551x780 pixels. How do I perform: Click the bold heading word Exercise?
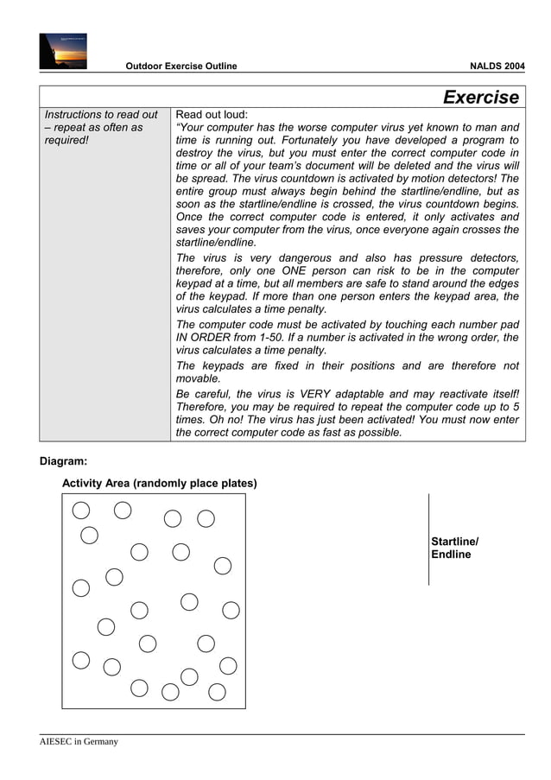[481, 97]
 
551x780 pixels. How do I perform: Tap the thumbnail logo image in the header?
[62, 50]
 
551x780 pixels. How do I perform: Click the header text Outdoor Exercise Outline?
[180, 67]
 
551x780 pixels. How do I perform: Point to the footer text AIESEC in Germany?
[79, 742]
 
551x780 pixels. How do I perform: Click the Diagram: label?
[63, 461]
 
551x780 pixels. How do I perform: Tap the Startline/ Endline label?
[454, 548]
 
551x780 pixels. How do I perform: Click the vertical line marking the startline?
[428, 540]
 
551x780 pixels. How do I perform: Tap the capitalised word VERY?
[325, 392]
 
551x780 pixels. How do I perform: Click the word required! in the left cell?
[66, 142]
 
